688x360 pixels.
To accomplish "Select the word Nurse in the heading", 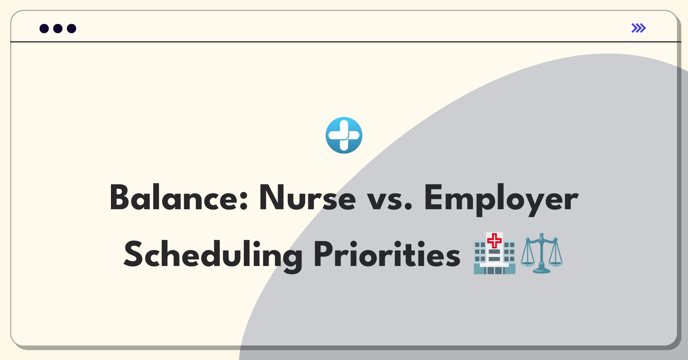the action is click(x=307, y=198).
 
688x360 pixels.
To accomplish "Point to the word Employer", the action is click(x=501, y=200).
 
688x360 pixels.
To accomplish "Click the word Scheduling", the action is click(x=213, y=255).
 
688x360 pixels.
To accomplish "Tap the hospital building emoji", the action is click(x=494, y=253).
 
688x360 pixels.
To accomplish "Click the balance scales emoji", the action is click(x=542, y=253).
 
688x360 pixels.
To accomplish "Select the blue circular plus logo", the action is click(x=344, y=135).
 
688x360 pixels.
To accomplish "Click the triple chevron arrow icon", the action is click(x=639, y=28).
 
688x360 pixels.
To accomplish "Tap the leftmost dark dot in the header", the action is click(x=44, y=29).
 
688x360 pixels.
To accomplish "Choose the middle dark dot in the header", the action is click(x=58, y=29).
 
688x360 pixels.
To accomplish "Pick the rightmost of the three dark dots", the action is click(x=72, y=29).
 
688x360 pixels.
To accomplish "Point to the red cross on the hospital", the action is click(x=494, y=240).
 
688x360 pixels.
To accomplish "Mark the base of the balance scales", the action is click(x=542, y=270).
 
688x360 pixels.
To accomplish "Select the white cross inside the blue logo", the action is click(x=344, y=135).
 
